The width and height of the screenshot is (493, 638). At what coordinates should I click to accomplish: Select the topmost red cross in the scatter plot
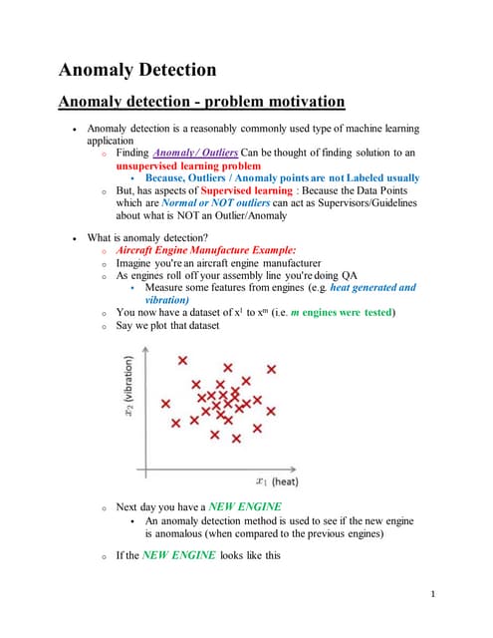(182, 361)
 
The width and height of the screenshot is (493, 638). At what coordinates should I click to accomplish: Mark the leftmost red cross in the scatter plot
(165, 404)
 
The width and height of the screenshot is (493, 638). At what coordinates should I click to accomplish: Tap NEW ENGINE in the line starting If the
(178, 555)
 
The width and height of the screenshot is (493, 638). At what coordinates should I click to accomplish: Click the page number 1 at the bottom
(434, 595)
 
